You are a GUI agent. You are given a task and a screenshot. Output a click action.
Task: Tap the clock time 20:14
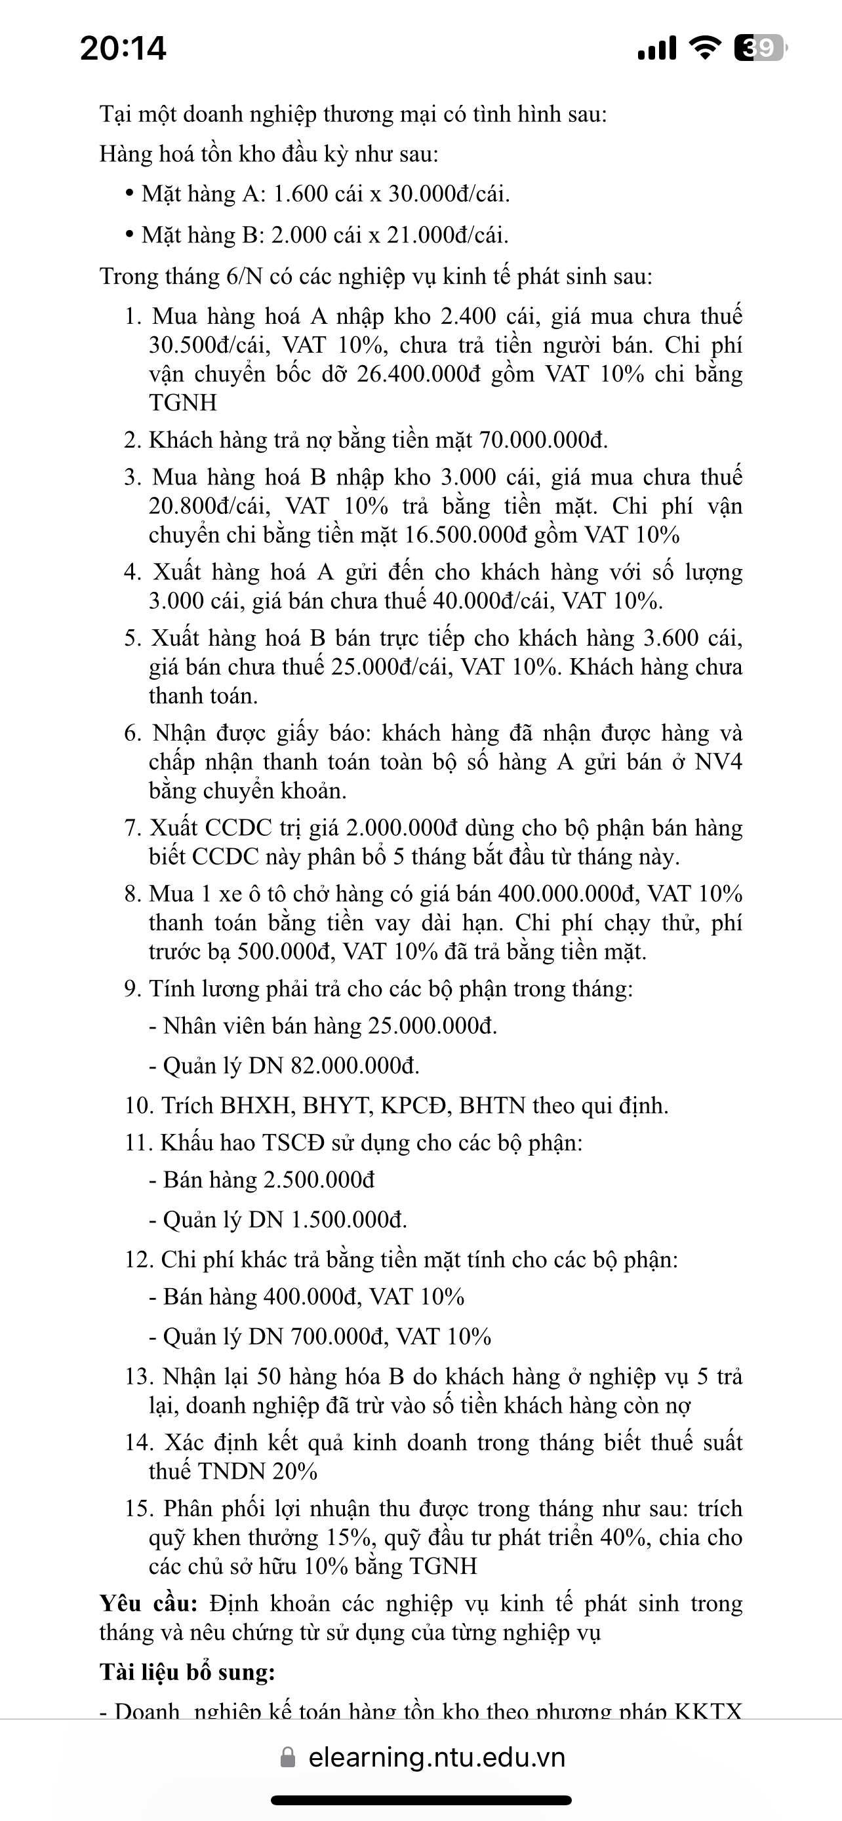coord(123,48)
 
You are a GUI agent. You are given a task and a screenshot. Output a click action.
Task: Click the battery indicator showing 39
coord(759,48)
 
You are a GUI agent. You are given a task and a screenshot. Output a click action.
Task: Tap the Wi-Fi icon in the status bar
coord(704,48)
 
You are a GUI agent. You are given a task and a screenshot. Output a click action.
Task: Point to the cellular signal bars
coord(657,48)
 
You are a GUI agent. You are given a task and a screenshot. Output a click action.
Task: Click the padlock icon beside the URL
coord(288,1757)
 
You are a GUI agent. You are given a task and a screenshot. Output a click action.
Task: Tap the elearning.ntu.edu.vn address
coord(436,1757)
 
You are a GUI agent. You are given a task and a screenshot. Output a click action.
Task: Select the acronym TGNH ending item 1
coord(182,403)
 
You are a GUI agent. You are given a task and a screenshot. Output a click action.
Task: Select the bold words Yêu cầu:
coord(148,1604)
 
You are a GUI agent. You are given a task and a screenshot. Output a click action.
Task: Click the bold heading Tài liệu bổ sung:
coord(188,1673)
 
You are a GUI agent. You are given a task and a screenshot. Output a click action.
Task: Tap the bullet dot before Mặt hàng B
coord(129,234)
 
